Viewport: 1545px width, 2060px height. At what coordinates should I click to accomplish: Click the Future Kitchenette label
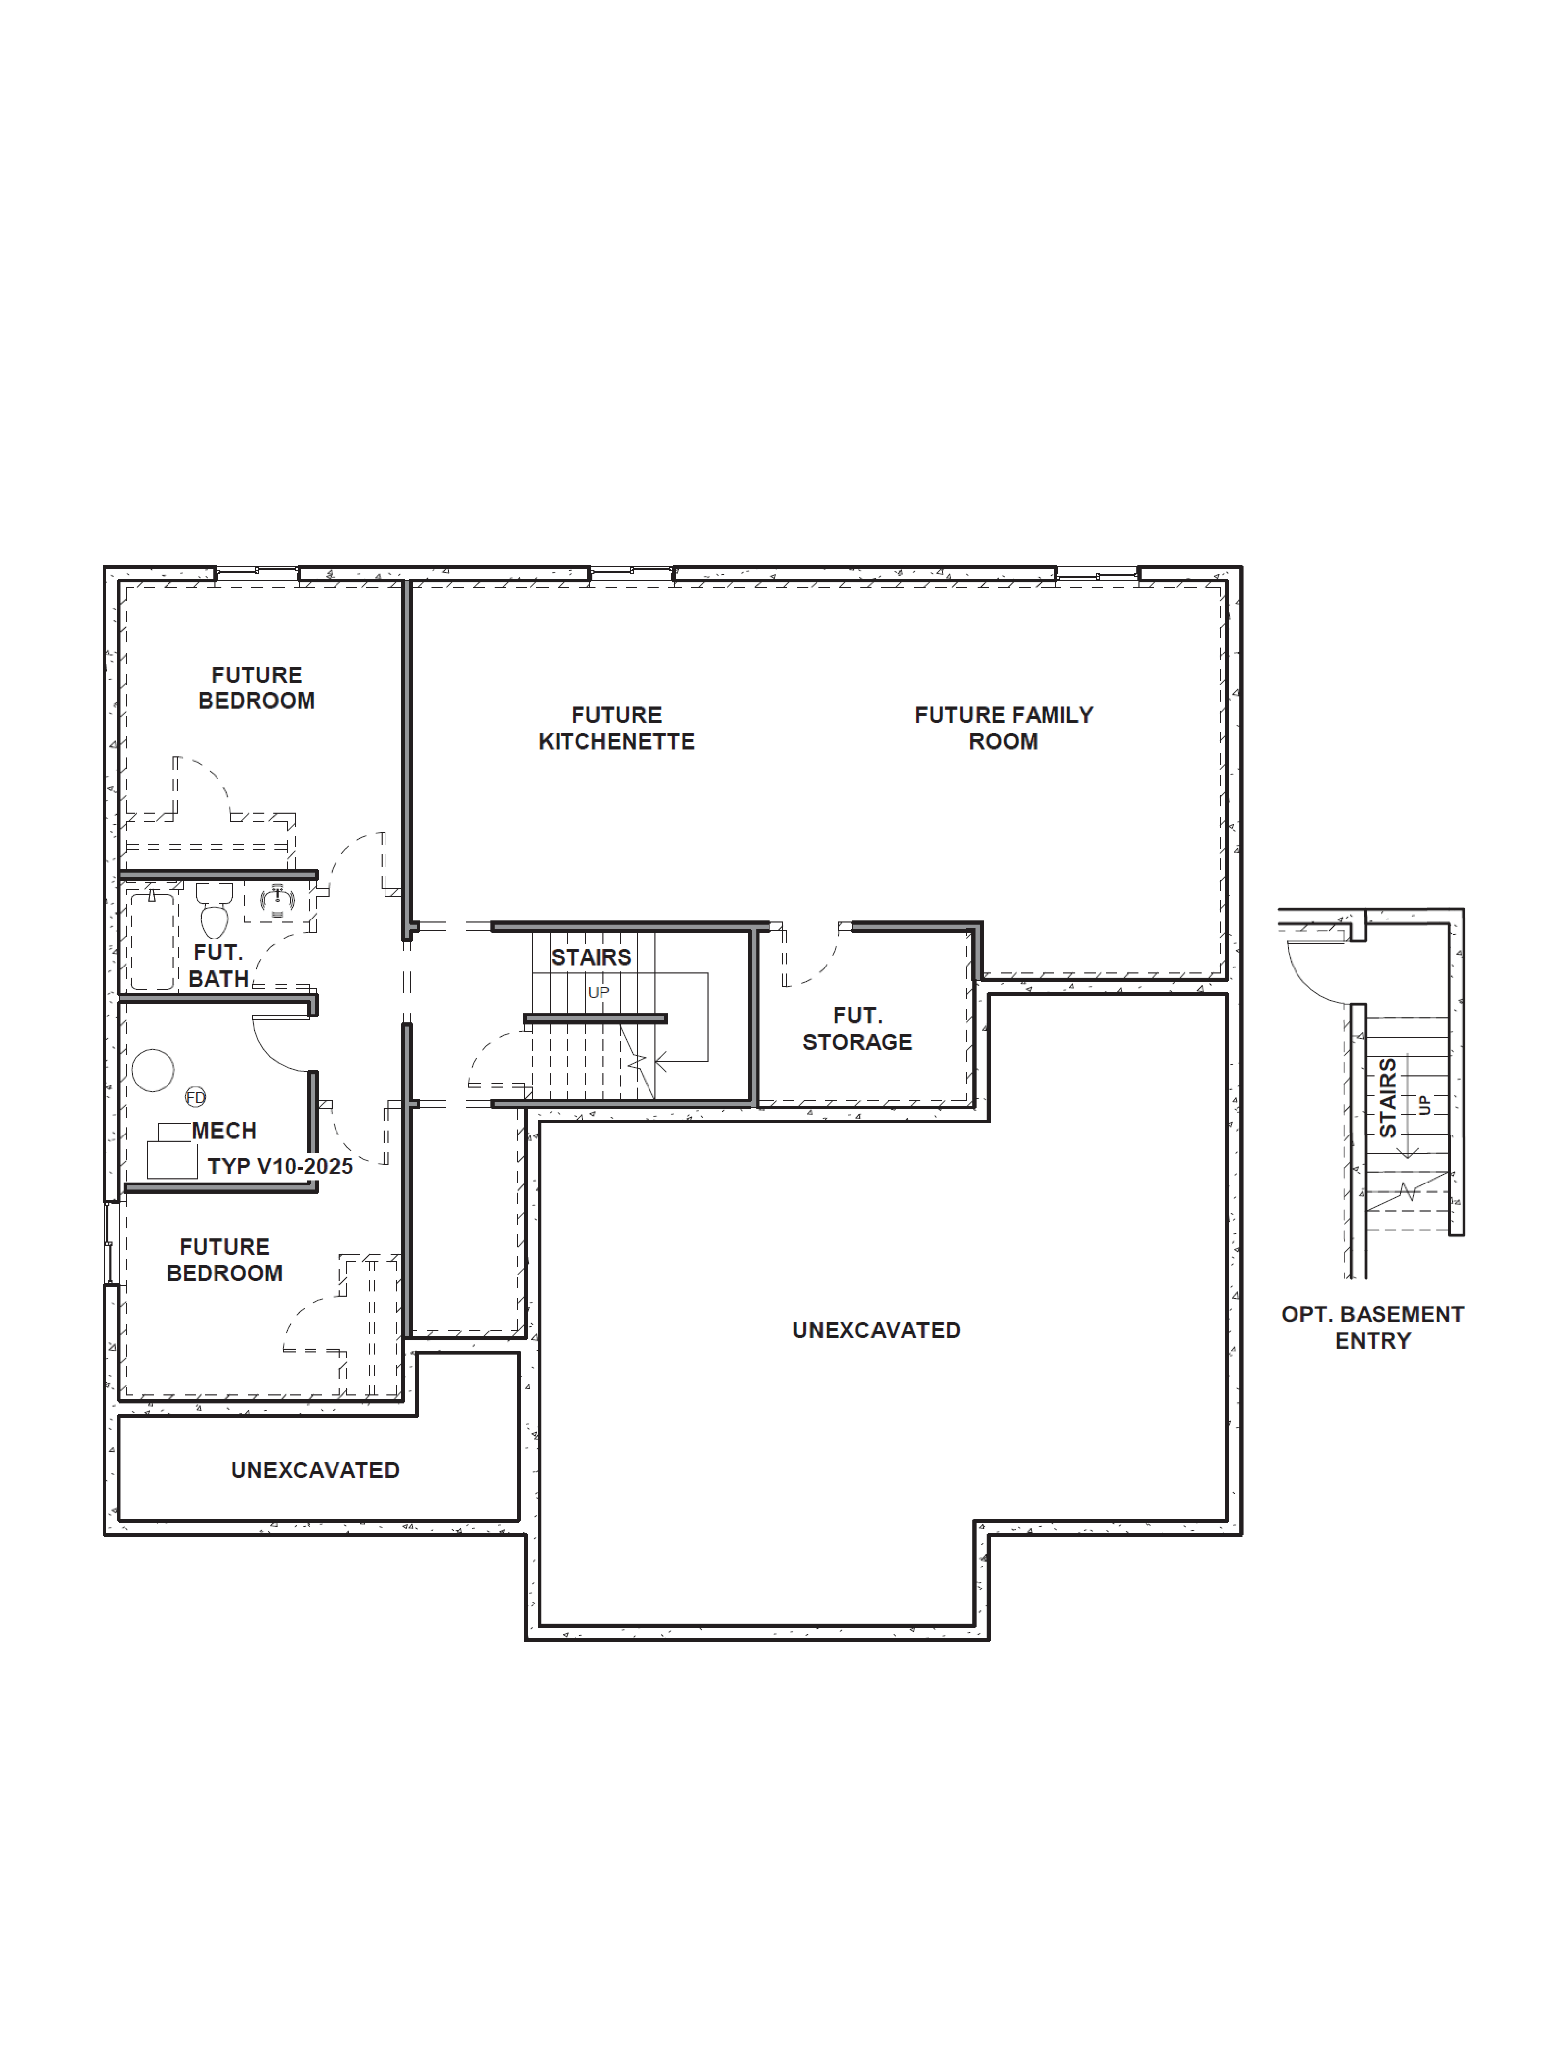pos(617,728)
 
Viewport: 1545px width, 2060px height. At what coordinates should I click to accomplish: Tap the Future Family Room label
pos(1003,728)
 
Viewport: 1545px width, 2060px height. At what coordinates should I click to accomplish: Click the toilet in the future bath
pos(214,911)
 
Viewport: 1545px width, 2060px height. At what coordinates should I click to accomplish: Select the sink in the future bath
pos(277,901)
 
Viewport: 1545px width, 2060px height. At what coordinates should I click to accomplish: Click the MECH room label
pos(223,1131)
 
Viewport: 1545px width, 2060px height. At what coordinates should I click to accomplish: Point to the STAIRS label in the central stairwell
pos(590,957)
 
